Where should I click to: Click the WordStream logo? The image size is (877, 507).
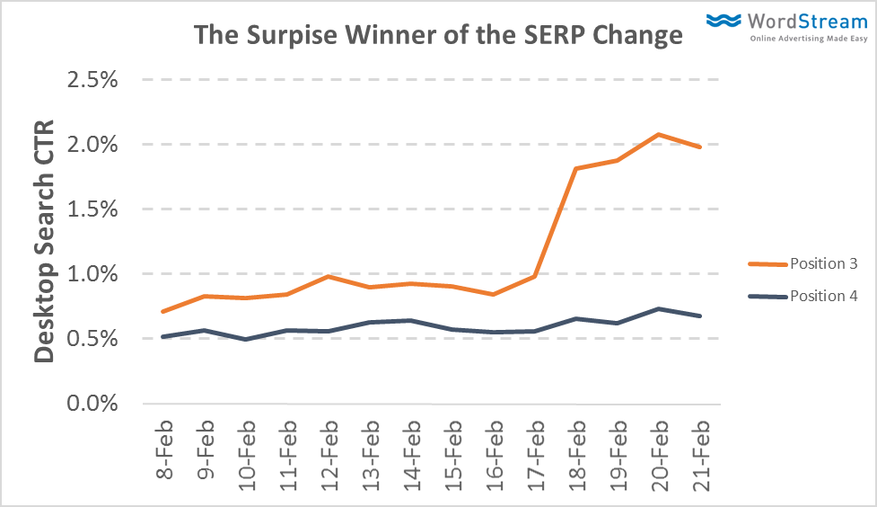[785, 24]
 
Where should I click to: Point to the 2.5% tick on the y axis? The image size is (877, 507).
[93, 80]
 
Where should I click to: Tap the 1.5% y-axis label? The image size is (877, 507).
[93, 209]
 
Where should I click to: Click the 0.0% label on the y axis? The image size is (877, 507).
[93, 403]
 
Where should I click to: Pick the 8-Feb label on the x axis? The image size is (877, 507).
[164, 448]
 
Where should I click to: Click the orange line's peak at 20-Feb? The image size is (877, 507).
[659, 135]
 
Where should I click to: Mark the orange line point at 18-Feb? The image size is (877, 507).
[576, 168]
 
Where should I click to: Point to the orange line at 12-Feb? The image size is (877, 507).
[329, 276]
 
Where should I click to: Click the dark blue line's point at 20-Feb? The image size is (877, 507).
[659, 308]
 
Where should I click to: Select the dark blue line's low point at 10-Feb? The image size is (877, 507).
[246, 339]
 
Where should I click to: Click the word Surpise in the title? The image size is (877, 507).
[295, 36]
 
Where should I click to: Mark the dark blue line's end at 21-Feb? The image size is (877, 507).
[700, 316]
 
